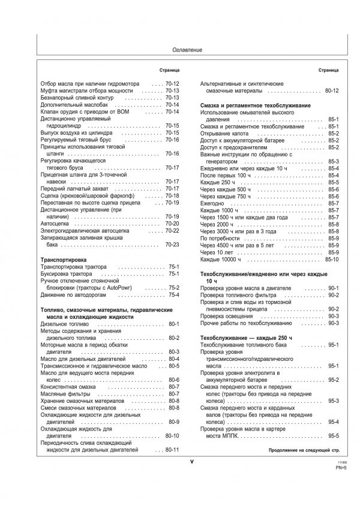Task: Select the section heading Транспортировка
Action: coord(64,260)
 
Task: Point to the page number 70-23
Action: coord(172,245)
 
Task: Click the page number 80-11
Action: coord(172,449)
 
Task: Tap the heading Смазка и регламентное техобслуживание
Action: coord(255,105)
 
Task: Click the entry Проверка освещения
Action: coord(226,315)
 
